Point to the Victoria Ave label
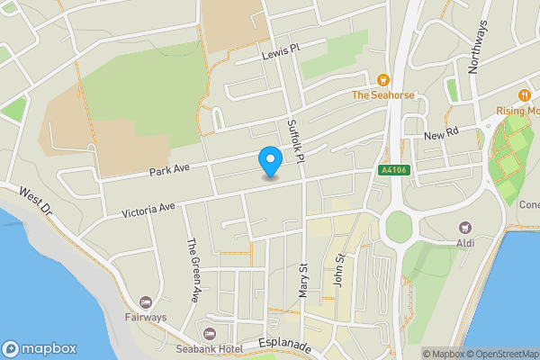point(148,211)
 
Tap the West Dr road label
point(36,199)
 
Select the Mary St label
point(303,282)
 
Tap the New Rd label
point(441,133)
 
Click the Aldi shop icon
point(464,229)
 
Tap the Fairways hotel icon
point(146,301)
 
